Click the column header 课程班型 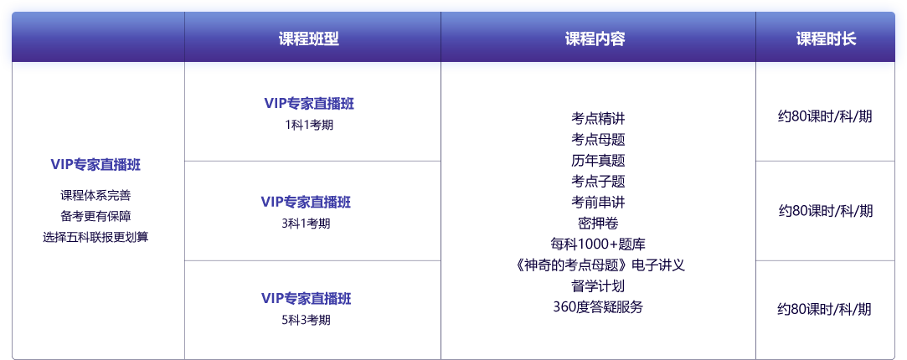(x=308, y=39)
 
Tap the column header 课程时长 (x=826, y=39)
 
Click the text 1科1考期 (x=308, y=125)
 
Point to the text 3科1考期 (x=306, y=224)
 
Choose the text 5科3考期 (x=306, y=320)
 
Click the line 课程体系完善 (x=95, y=195)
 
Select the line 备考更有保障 (x=95, y=216)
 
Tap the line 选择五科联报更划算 (x=95, y=237)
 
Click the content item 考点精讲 (x=598, y=118)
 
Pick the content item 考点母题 (x=598, y=139)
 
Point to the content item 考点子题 (x=598, y=181)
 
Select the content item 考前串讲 (x=598, y=202)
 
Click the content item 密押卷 (x=598, y=223)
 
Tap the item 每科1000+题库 (x=598, y=244)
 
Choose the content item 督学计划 (x=598, y=285)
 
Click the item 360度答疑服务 (x=598, y=306)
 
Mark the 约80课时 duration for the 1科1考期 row (x=825, y=116)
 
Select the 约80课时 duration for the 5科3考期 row (x=825, y=309)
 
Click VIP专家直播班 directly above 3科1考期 (x=306, y=202)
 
